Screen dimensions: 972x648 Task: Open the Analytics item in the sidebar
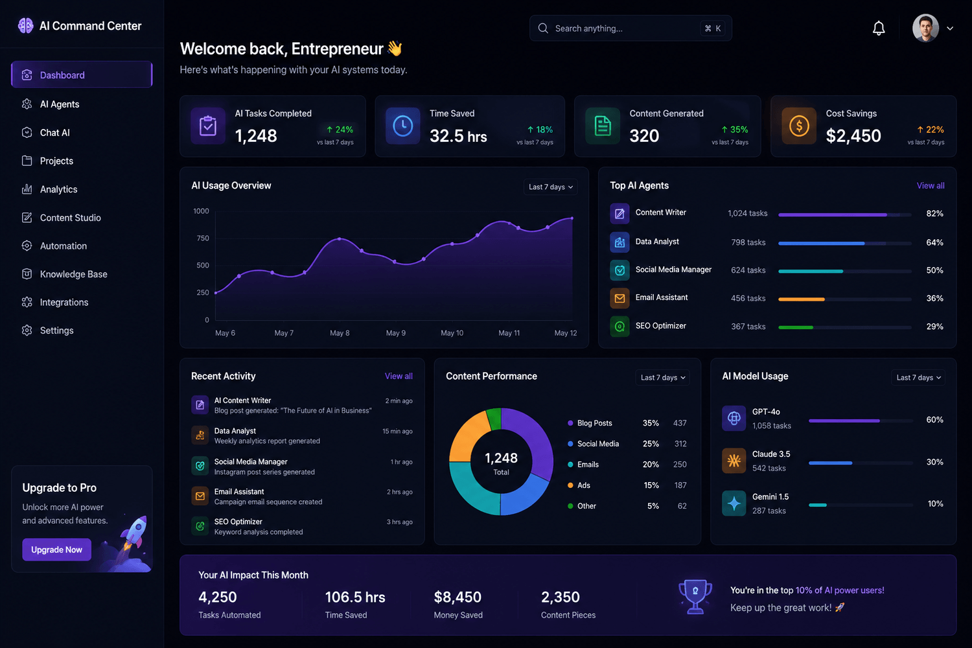point(58,189)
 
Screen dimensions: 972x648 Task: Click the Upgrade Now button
point(56,550)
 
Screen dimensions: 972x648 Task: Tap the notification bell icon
point(879,29)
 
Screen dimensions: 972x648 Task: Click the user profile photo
point(925,29)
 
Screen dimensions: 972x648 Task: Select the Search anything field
point(631,29)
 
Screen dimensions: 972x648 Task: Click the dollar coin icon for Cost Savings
point(799,126)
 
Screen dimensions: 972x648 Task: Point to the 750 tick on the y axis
point(203,238)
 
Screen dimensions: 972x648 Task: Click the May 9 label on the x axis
point(396,333)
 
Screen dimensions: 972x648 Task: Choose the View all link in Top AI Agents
point(931,186)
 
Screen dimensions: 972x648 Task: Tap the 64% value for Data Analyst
point(934,242)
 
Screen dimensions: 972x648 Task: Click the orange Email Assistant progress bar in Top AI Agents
point(801,299)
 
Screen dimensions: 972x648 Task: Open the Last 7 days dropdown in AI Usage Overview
point(550,187)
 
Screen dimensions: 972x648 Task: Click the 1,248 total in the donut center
point(501,458)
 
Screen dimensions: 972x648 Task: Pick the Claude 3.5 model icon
point(734,461)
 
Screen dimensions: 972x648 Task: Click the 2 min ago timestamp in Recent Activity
point(399,400)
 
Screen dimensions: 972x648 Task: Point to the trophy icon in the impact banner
point(695,596)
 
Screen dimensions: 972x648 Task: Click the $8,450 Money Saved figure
point(457,597)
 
